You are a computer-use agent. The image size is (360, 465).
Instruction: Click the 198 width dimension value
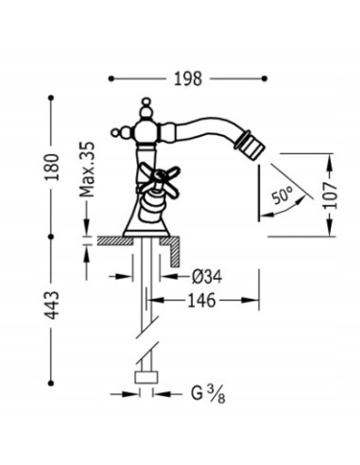click(x=188, y=78)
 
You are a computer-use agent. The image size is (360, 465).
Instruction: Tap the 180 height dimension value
click(x=52, y=167)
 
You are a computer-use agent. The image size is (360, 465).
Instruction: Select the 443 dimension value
click(x=52, y=305)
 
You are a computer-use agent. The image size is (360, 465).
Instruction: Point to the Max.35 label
click(x=87, y=169)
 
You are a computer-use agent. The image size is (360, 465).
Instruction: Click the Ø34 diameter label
click(x=207, y=277)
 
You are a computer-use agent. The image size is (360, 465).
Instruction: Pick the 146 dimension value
click(x=201, y=301)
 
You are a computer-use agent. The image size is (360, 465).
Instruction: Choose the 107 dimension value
click(x=330, y=196)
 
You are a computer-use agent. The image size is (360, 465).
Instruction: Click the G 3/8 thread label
click(x=208, y=394)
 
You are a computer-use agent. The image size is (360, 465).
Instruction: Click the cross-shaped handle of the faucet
click(x=159, y=177)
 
